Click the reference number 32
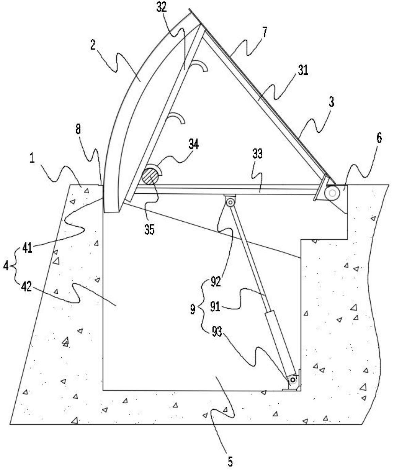(162, 8)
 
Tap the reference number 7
(265, 32)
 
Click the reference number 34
(194, 145)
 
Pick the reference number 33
(257, 154)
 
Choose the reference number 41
(27, 249)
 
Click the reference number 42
(26, 287)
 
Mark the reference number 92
(215, 281)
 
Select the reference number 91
(215, 307)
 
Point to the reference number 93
(217, 331)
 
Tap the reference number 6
(379, 138)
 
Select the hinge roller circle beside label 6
(332, 193)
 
